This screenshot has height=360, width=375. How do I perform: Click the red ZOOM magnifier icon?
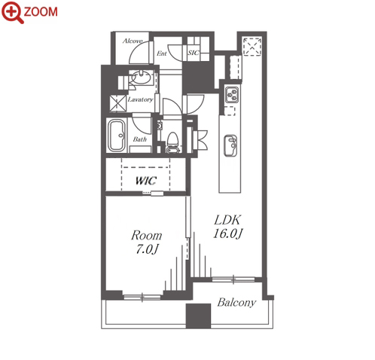[x=13, y=12]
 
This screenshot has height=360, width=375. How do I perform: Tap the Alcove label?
[x=133, y=41]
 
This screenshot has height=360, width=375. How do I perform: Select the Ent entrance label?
[x=162, y=53]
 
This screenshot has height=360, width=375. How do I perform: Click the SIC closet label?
[x=194, y=53]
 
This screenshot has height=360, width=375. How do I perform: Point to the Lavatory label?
[x=140, y=99]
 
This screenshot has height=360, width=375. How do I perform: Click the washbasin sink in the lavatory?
[x=141, y=77]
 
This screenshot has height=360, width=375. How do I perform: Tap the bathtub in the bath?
[x=117, y=136]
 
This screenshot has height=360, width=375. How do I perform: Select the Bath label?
[x=140, y=139]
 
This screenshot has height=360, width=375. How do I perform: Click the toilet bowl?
[x=172, y=142]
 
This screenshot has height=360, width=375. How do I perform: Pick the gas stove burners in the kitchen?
[x=232, y=95]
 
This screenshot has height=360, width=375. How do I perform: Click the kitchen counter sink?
[x=230, y=145]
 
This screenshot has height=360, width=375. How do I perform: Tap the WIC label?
[x=146, y=181]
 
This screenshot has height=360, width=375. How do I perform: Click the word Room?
[x=147, y=236]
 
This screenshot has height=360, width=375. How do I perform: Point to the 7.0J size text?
[x=148, y=249]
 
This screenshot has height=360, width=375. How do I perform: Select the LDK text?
[x=227, y=220]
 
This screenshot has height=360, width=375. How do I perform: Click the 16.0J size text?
[x=227, y=233]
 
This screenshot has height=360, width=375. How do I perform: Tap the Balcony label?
[x=236, y=303]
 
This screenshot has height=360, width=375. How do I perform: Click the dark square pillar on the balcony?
[x=198, y=316]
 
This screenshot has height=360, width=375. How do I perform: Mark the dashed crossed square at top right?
[x=252, y=47]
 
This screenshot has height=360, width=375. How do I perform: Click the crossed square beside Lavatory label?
[x=118, y=103]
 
